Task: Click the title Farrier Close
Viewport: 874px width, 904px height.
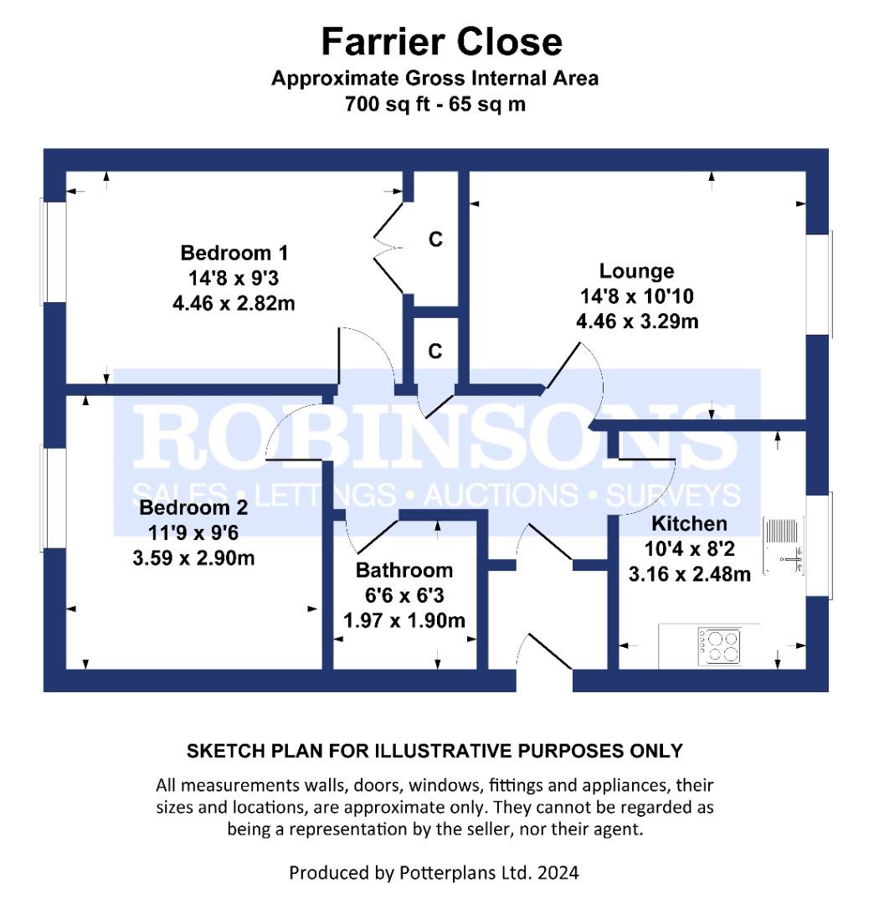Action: pyautogui.click(x=442, y=42)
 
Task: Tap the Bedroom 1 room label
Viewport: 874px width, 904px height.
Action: pyautogui.click(x=234, y=253)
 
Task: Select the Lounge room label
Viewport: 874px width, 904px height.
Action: pyautogui.click(x=636, y=271)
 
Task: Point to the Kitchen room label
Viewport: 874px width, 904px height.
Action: pyautogui.click(x=689, y=523)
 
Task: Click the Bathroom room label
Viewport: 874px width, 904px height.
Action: pyautogui.click(x=404, y=570)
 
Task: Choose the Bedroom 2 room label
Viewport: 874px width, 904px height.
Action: pyautogui.click(x=193, y=507)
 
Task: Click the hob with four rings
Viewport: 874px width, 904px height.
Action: pyautogui.click(x=719, y=645)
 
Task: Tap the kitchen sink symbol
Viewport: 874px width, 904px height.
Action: pyautogui.click(x=783, y=545)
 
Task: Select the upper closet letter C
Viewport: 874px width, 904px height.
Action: pyautogui.click(x=436, y=239)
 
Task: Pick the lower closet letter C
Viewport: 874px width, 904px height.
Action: pyautogui.click(x=435, y=351)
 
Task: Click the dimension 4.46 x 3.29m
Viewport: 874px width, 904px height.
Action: pyautogui.click(x=637, y=321)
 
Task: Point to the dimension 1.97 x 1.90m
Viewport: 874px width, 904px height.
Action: pyautogui.click(x=404, y=620)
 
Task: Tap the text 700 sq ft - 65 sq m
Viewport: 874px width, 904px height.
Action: pyautogui.click(x=435, y=104)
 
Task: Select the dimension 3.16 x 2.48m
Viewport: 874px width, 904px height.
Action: pyautogui.click(x=690, y=574)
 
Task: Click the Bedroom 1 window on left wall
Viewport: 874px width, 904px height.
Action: pyautogui.click(x=53, y=251)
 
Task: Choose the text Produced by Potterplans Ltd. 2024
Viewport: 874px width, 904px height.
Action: pyautogui.click(x=434, y=873)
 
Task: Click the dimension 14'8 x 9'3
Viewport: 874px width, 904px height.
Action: pyautogui.click(x=234, y=278)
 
